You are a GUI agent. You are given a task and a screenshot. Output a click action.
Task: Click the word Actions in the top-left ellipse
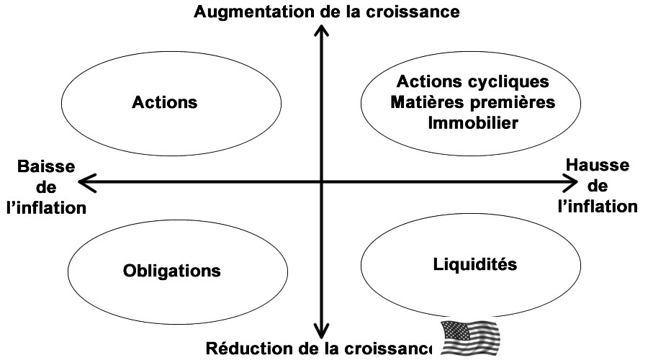click(164, 102)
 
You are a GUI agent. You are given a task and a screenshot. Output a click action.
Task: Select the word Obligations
click(171, 271)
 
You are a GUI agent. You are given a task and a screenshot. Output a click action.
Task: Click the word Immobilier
click(473, 122)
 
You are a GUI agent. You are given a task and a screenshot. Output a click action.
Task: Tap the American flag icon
click(469, 338)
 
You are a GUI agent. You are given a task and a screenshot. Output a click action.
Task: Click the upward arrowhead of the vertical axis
click(321, 30)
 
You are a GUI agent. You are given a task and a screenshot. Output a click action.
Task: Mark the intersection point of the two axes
click(321, 184)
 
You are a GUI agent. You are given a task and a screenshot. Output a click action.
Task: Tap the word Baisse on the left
click(45, 167)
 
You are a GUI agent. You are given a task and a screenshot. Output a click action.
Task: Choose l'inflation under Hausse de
click(598, 207)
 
